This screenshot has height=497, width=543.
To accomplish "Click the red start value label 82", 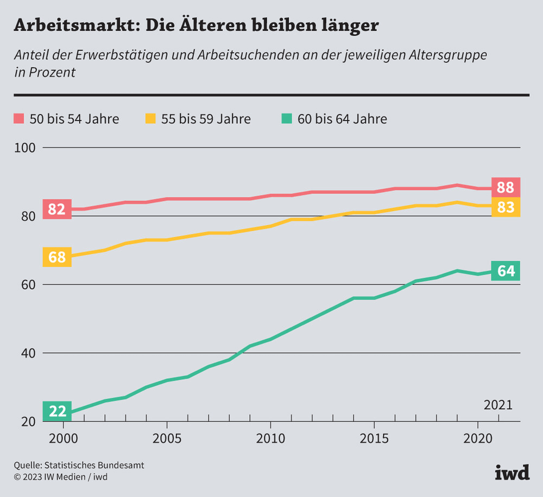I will pos(57,209).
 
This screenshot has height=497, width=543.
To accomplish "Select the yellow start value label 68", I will pos(57,257).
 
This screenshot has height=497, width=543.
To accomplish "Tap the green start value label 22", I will pos(57,411).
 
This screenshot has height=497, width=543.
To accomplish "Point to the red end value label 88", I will pos(506,188).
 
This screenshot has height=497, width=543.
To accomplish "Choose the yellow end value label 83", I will pos(506,207).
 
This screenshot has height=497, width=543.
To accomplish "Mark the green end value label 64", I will pos(506,271).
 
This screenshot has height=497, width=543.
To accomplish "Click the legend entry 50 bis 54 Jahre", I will pos(66,119).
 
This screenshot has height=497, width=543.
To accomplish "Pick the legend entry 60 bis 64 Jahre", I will pos(334,119).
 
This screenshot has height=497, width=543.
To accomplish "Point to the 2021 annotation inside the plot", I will pos(498,405).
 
